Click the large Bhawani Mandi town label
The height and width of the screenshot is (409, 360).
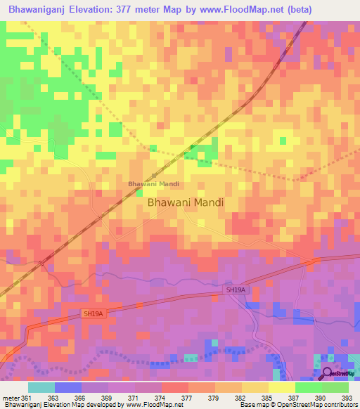click(186, 202)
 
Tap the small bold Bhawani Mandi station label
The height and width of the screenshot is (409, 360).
click(153, 184)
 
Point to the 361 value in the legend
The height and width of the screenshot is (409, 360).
click(26, 398)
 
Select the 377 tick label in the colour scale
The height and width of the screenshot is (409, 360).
click(188, 398)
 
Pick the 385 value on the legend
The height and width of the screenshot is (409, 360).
click(267, 398)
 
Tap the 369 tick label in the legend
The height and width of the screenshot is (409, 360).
click(108, 398)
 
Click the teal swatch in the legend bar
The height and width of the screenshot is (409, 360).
click(41, 387)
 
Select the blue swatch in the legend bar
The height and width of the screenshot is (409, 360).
click(68, 387)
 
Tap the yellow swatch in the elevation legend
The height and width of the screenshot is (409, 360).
click(282, 387)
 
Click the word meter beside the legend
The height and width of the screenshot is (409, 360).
click(10, 398)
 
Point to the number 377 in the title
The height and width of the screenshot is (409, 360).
click(127, 10)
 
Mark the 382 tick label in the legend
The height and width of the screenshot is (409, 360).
click(241, 398)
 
